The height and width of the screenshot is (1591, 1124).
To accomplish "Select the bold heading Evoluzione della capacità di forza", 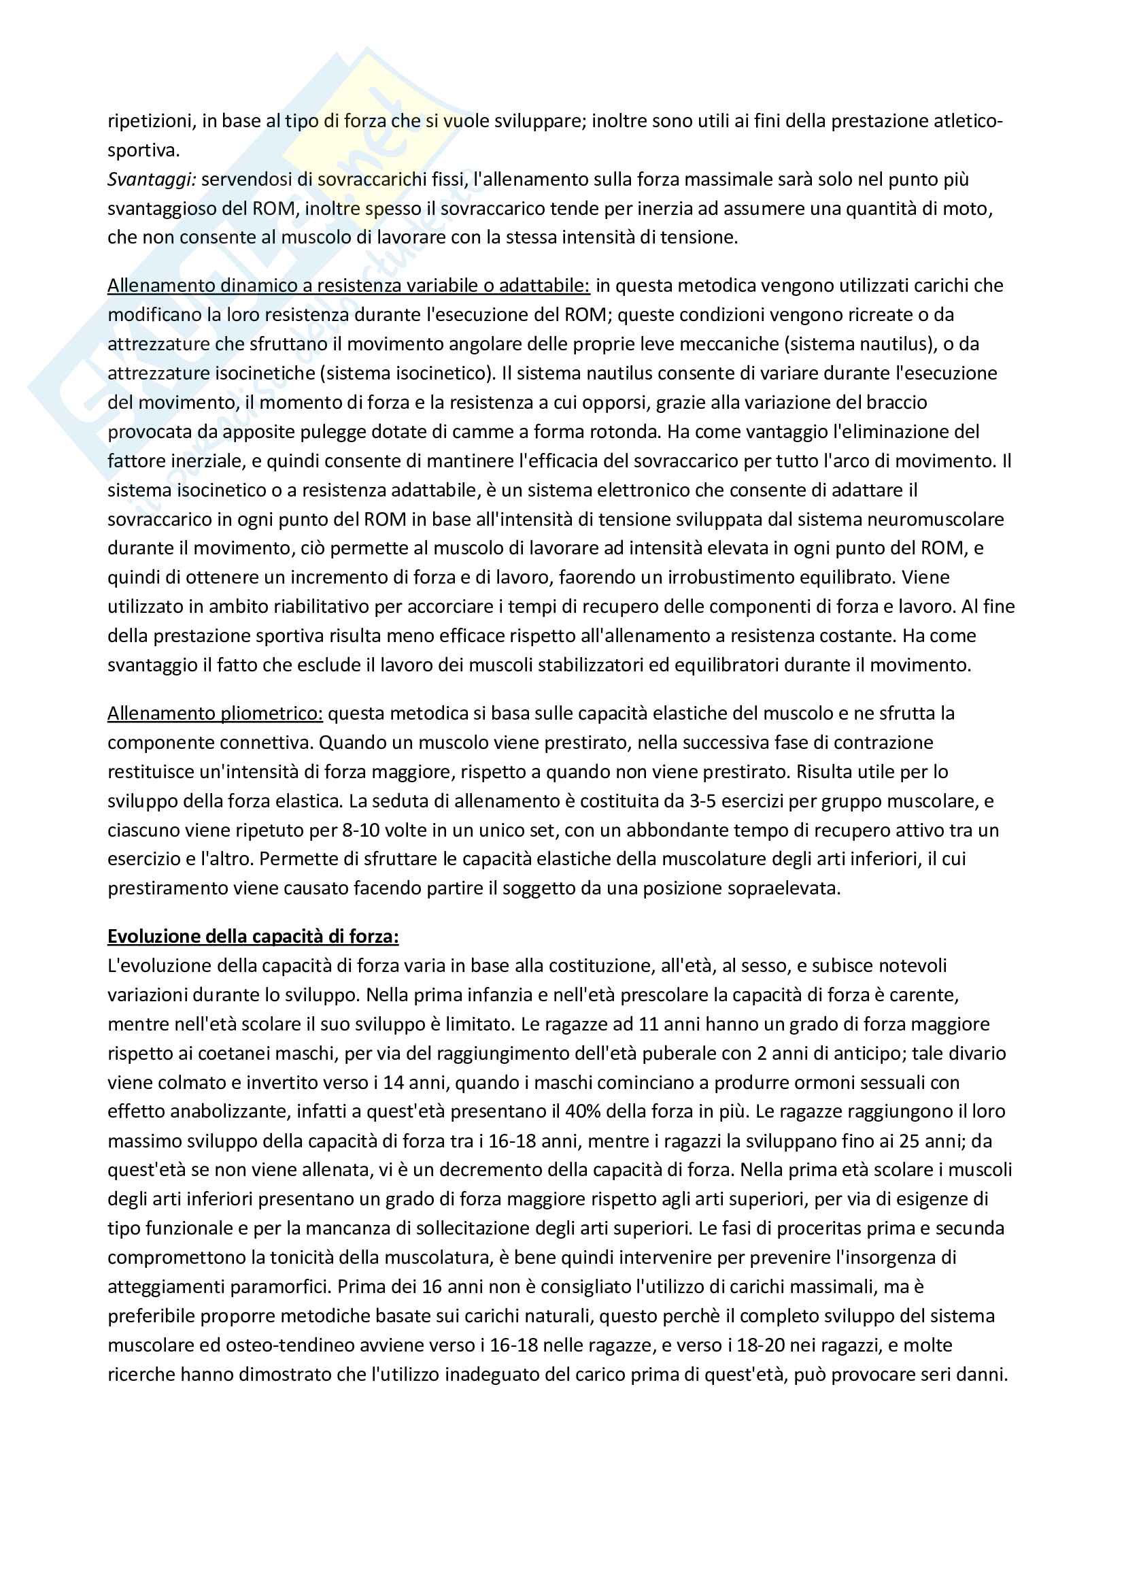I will pos(253,936).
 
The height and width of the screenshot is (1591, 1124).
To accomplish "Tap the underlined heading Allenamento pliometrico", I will pos(215,713).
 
